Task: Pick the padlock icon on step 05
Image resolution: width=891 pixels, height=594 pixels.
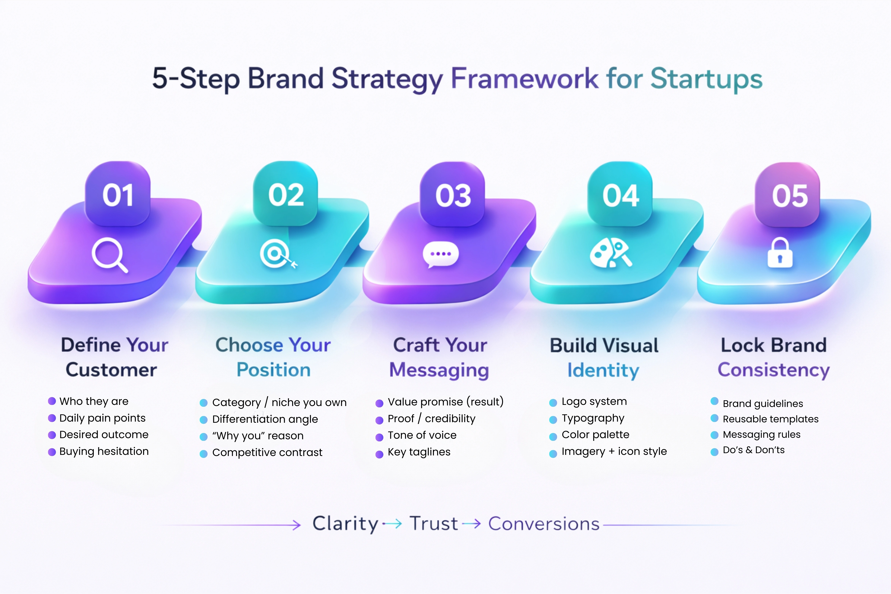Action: pos(780,253)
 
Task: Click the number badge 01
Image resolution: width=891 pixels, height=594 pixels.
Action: pos(118,195)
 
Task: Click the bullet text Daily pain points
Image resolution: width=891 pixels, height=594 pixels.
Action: pos(102,418)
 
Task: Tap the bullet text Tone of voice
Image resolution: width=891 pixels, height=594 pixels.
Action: pos(422,435)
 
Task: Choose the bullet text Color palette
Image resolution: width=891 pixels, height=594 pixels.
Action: pos(595,435)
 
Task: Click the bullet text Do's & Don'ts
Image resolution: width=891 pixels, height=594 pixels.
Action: pos(754,450)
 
